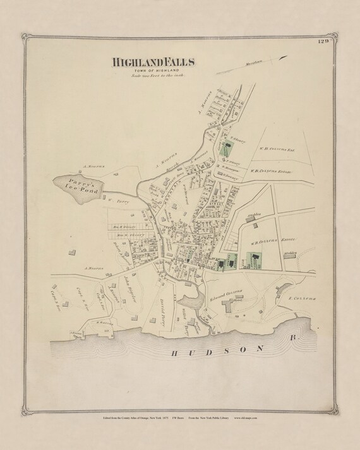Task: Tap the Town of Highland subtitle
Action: pos(154,71)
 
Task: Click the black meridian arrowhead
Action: pos(285,58)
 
